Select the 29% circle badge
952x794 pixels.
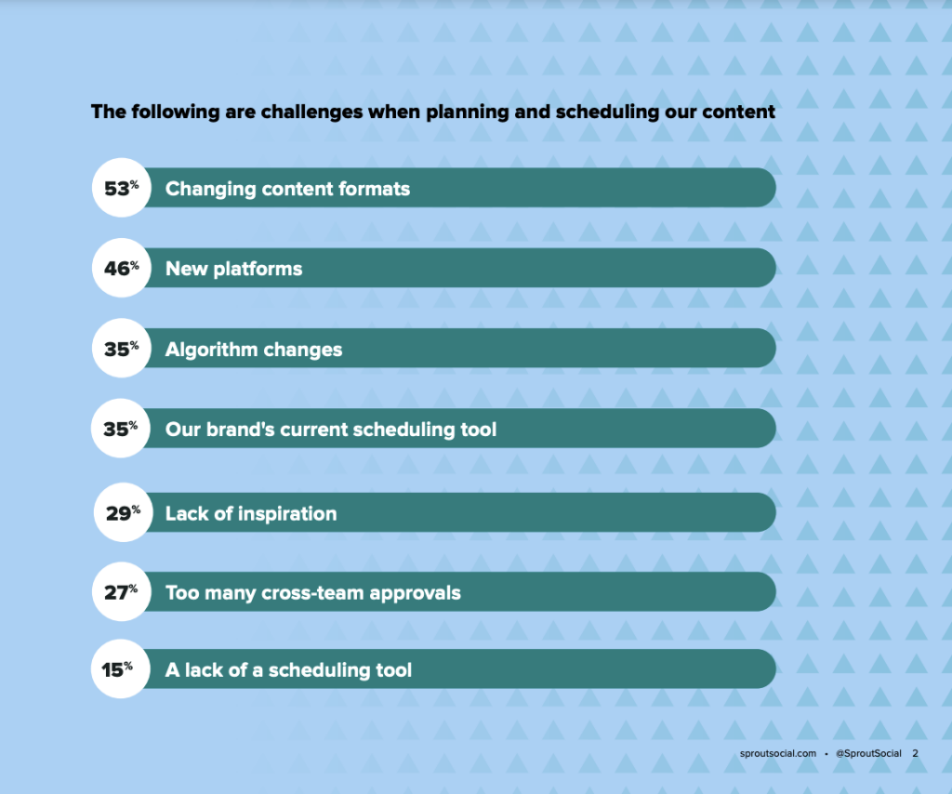(x=122, y=513)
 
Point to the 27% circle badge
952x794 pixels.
(x=121, y=592)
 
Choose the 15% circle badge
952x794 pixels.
(x=118, y=668)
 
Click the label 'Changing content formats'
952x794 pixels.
(x=287, y=189)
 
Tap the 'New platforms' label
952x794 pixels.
(x=233, y=269)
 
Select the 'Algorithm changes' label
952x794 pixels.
(x=254, y=350)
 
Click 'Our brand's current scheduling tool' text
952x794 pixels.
(x=331, y=430)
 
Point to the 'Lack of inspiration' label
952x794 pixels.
(x=251, y=513)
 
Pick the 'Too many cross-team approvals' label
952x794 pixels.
(x=313, y=592)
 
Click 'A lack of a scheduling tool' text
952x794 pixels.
(x=288, y=669)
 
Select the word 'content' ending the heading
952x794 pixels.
(x=739, y=112)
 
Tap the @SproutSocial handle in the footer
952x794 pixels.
(x=868, y=753)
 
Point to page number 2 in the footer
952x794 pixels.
(x=915, y=753)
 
